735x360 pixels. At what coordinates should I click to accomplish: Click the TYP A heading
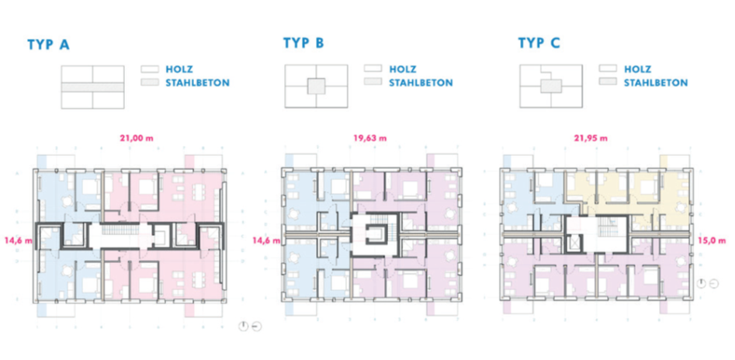coord(48,44)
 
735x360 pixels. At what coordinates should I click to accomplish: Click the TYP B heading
coord(303,43)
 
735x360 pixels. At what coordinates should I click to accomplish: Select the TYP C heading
coord(539,43)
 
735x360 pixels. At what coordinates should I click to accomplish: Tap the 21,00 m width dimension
coord(137,138)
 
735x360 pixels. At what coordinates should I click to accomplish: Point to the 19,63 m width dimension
coord(370,138)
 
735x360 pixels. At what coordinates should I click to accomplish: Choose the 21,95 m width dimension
coord(591,138)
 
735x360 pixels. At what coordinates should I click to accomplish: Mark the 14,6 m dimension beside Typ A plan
coord(19,241)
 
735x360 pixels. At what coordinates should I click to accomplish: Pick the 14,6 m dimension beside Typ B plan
coord(266,241)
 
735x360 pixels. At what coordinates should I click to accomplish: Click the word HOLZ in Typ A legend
coord(180,69)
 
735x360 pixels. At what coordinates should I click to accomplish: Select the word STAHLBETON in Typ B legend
coord(421,83)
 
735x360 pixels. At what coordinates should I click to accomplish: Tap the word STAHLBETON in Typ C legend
coord(656,83)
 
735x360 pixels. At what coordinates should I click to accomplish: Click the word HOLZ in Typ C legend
coord(637,69)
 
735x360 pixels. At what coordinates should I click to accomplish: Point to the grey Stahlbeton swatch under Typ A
coord(151,83)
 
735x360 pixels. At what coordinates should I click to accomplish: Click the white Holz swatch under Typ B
coord(373,69)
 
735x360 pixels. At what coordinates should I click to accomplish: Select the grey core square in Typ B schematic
coord(316,87)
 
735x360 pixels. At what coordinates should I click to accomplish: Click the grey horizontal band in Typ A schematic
coord(93,87)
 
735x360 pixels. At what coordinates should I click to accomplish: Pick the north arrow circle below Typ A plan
coord(243,326)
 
